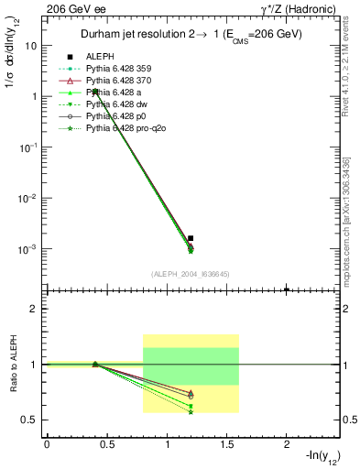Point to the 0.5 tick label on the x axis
pyautogui.click(x=106, y=444)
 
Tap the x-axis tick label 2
pyautogui.click(x=287, y=444)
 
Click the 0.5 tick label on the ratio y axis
pyautogui.click(x=31, y=420)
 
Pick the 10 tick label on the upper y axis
pyautogui.click(x=32, y=45)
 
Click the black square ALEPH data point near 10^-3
pyautogui.click(x=191, y=238)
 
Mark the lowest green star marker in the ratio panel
pyautogui.click(x=191, y=412)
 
